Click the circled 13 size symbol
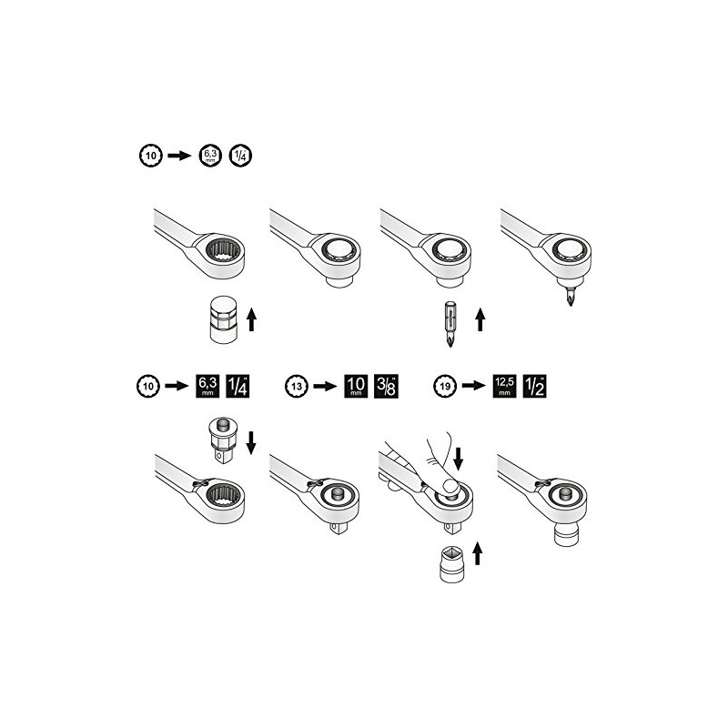tap(294, 386)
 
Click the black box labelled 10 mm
tap(354, 386)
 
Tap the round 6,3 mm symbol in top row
tap(209, 156)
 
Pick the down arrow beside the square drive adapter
tap(252, 441)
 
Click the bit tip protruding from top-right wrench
tap(569, 296)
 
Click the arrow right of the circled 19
tap(471, 386)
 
